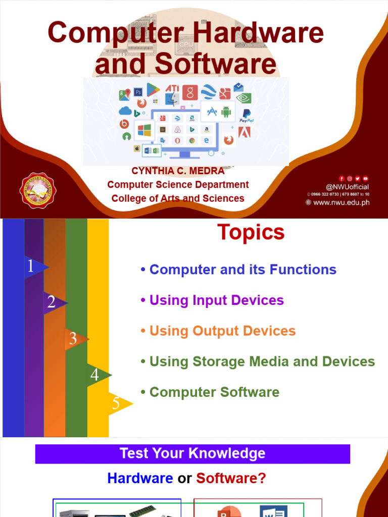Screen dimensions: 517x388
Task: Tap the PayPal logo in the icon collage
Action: (247, 116)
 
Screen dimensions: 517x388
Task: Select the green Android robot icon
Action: (225, 112)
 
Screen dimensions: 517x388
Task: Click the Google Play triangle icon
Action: (153, 89)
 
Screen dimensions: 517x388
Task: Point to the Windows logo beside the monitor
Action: (144, 130)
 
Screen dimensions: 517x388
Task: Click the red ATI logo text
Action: (172, 88)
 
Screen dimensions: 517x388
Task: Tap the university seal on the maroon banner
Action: (37, 190)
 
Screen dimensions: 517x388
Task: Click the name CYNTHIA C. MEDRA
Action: (178, 171)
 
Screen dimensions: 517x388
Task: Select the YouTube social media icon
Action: (366, 178)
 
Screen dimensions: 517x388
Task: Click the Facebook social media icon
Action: (342, 178)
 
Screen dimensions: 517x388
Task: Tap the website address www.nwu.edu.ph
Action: (341, 202)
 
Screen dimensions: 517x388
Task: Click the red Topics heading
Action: (251, 233)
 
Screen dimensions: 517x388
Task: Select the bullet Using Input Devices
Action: (216, 300)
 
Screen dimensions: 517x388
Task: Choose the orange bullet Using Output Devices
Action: (222, 331)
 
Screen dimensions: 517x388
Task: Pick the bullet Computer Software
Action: (214, 392)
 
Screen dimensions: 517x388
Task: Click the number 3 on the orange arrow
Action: (73, 339)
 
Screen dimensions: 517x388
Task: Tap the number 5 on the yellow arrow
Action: (116, 403)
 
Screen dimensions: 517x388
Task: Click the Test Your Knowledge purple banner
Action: (192, 453)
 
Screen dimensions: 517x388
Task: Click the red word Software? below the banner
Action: (231, 478)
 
